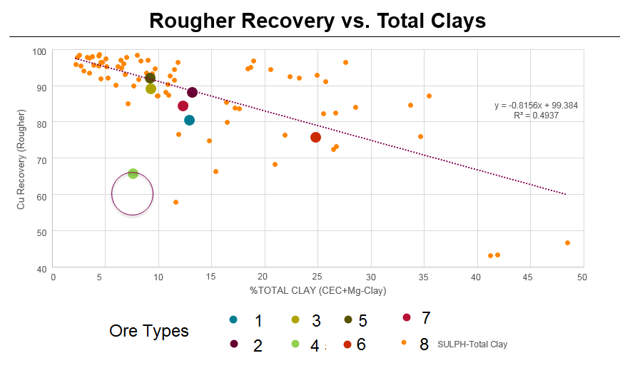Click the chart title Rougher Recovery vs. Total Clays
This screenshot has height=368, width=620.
[x=317, y=21]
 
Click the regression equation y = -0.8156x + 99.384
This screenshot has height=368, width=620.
[x=536, y=106]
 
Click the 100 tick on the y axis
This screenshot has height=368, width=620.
[x=39, y=51]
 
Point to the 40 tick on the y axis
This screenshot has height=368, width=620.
[x=41, y=268]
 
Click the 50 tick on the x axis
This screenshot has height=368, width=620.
[x=582, y=277]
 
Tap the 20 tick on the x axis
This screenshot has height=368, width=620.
[x=264, y=277]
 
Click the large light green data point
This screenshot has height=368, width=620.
[x=133, y=173]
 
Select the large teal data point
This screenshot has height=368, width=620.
[x=189, y=120]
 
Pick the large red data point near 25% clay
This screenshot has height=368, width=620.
[x=315, y=137]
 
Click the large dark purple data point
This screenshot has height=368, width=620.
[x=192, y=93]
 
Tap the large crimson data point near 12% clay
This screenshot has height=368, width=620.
[x=183, y=106]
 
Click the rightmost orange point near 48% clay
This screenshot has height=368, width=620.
[x=567, y=243]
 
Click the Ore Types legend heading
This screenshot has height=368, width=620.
[x=148, y=331]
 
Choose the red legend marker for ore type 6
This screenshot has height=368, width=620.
[x=347, y=344]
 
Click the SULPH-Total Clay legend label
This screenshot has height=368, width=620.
[x=472, y=344]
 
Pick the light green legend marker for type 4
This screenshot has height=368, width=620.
[x=295, y=344]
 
